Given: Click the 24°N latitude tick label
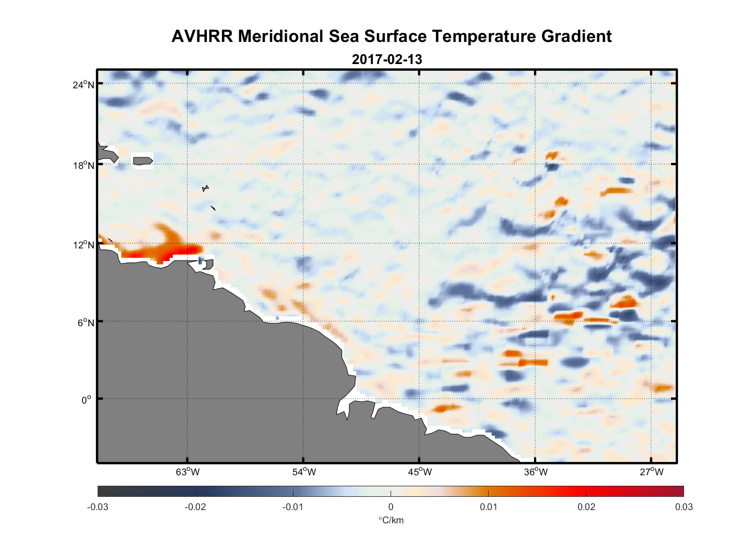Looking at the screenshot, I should click(x=83, y=84).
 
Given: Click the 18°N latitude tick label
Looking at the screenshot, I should click(x=83, y=165).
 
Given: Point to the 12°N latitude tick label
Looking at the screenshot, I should click(x=83, y=245).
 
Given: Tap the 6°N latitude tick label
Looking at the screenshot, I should click(x=85, y=322).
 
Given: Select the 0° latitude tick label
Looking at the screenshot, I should click(x=87, y=400).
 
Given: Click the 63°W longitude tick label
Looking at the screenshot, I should click(x=188, y=472).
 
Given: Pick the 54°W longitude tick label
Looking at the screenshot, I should click(x=304, y=472).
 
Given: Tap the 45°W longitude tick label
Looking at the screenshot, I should click(x=420, y=472).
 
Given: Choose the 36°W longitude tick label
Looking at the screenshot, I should click(x=536, y=472).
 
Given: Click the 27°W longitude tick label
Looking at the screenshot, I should click(x=651, y=472).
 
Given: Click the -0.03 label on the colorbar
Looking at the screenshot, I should click(x=98, y=507).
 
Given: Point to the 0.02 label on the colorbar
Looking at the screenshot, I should click(x=586, y=507).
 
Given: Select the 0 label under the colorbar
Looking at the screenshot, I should click(x=391, y=507).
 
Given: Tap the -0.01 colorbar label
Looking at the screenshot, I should click(x=293, y=507).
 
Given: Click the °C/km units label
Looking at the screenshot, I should click(x=391, y=520).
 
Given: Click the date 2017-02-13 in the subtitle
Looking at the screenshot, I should click(x=387, y=60).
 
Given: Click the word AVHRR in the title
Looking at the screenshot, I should click(x=202, y=36).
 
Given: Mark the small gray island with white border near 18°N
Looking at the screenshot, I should click(x=142, y=161).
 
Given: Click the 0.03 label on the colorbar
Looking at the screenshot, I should click(x=683, y=507).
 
